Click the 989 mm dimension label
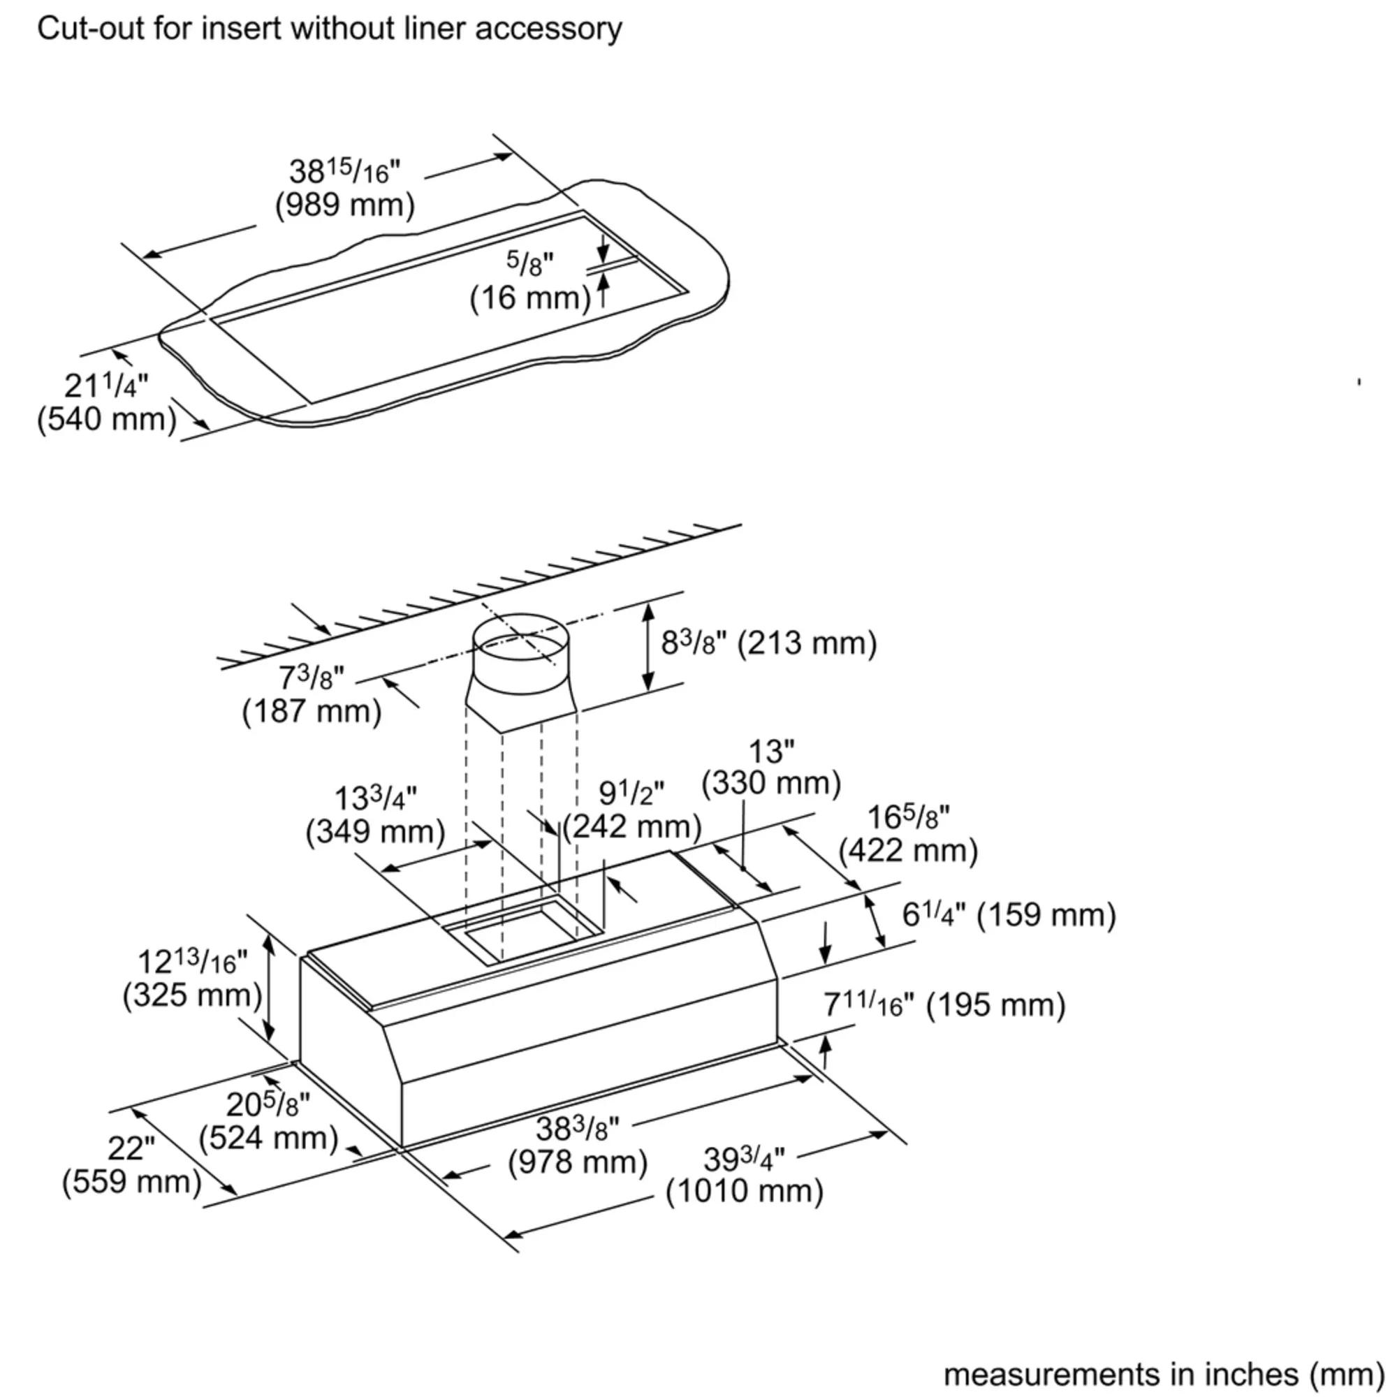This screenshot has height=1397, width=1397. (x=345, y=205)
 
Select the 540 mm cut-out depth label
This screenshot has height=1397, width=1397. (x=107, y=419)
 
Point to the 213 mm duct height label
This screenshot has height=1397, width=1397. (x=768, y=643)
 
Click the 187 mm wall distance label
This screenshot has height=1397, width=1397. (x=312, y=712)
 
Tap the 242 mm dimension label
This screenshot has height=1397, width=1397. (x=632, y=826)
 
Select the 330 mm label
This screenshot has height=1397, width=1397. (x=771, y=782)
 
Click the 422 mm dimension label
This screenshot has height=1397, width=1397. (x=908, y=850)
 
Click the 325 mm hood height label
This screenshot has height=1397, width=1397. (x=192, y=995)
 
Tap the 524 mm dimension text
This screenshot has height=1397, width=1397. (x=269, y=1138)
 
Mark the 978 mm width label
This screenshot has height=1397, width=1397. (x=577, y=1163)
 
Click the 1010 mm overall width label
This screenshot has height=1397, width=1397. (x=744, y=1191)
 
